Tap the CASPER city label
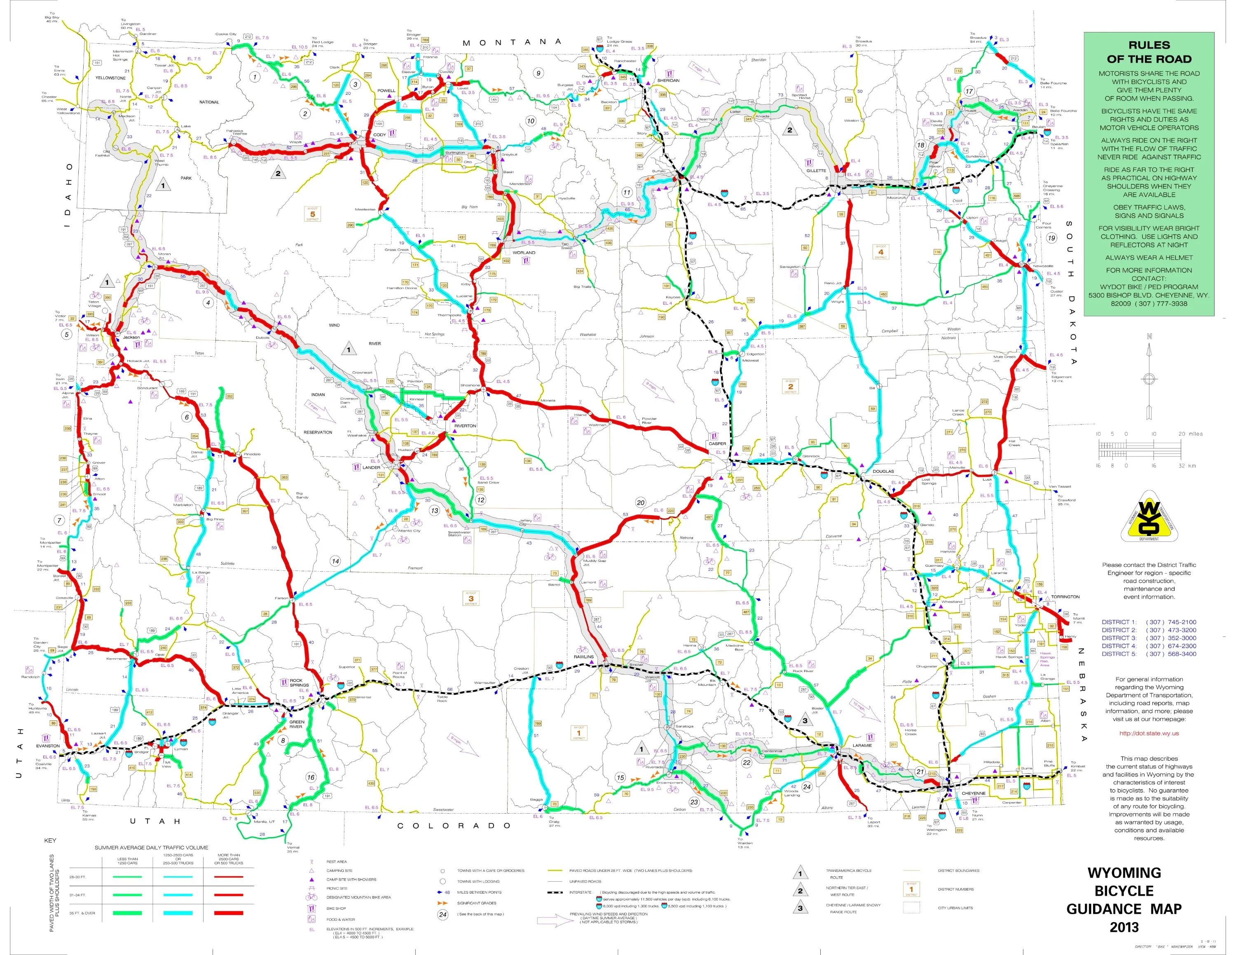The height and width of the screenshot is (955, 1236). (717, 444)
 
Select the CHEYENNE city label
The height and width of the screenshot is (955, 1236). (974, 794)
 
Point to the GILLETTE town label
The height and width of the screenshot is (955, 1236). (816, 170)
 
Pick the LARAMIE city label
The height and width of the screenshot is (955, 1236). (862, 746)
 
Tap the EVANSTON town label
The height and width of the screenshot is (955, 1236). (48, 746)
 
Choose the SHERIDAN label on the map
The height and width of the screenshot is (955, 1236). (668, 80)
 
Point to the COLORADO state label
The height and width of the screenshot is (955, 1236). (454, 826)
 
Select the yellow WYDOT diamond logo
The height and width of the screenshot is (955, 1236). (1148, 517)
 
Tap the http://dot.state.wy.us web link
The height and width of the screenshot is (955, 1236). (1149, 733)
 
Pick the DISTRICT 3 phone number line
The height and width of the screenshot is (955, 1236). (1148, 638)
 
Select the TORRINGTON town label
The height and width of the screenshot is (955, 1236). (1065, 597)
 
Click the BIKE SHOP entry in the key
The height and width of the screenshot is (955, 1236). (336, 908)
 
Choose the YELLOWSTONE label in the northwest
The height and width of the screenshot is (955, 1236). (110, 78)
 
